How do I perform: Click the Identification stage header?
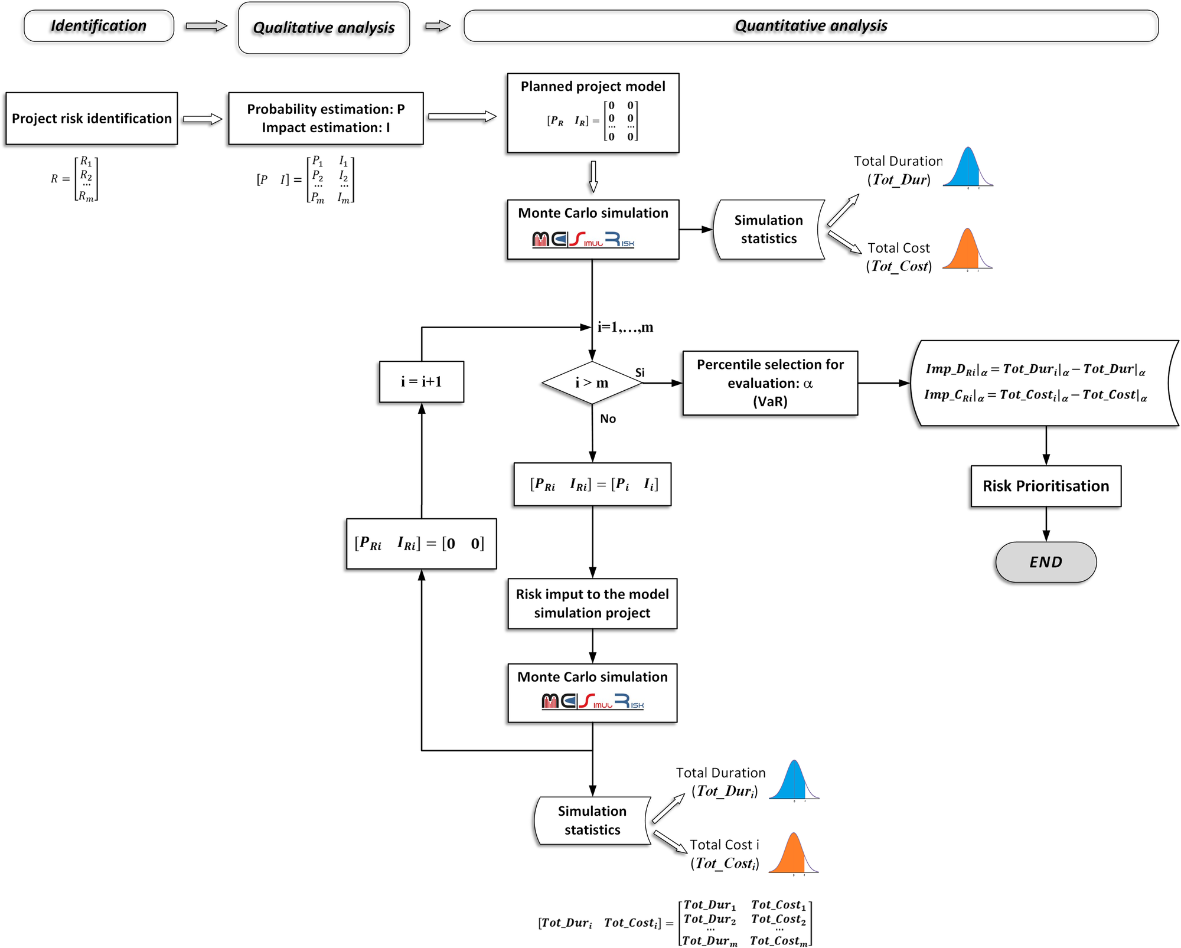tap(99, 26)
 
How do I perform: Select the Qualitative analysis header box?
tap(324, 28)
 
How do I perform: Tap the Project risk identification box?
tap(92, 119)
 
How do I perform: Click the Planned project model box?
tap(593, 113)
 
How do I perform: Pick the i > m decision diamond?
tap(592, 383)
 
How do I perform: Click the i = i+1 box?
tap(421, 382)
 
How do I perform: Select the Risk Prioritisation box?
tap(1045, 486)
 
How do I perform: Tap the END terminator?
tap(1045, 562)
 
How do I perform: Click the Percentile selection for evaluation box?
tap(769, 383)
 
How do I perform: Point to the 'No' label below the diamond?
tap(608, 419)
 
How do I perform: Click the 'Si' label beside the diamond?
tap(640, 372)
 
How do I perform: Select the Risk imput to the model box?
tap(592, 603)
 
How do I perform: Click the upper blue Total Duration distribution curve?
tap(967, 169)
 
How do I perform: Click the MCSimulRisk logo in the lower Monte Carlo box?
tap(592, 701)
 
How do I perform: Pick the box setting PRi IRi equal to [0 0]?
tap(421, 544)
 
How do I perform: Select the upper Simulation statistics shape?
tap(768, 230)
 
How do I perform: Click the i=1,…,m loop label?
tap(625, 327)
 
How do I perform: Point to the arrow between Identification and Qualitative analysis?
tap(206, 26)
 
